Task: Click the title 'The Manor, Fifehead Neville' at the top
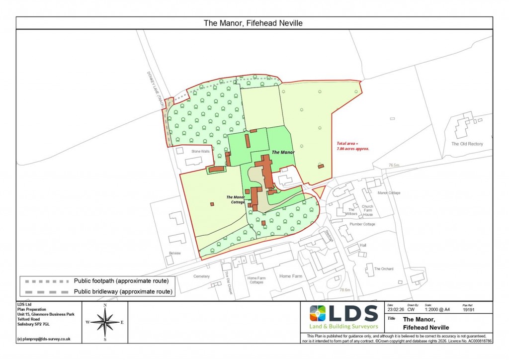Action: (x=254, y=23)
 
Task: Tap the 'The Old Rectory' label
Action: (x=467, y=144)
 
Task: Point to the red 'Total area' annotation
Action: (x=352, y=146)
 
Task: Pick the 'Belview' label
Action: (x=174, y=253)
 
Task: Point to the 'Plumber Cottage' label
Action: (x=362, y=224)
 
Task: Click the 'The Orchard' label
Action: (x=384, y=269)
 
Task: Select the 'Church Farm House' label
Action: (x=368, y=211)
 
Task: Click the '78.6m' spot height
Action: (x=345, y=290)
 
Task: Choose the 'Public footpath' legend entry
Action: (x=124, y=281)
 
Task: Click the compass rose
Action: (x=105, y=322)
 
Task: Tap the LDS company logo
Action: (x=343, y=316)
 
